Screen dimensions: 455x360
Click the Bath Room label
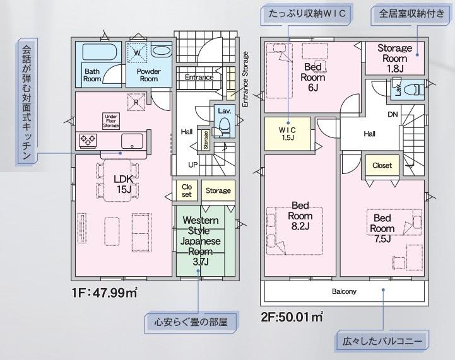[92, 76]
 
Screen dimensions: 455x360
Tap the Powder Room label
[148, 75]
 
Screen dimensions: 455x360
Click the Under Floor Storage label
[112, 121]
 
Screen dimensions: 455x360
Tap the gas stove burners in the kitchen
[86, 139]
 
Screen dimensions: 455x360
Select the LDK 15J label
[124, 183]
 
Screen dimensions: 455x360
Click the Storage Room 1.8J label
[394, 58]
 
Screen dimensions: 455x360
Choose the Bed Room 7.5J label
[382, 228]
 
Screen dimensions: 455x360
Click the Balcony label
[345, 292]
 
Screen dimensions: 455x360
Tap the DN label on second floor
[392, 115]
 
